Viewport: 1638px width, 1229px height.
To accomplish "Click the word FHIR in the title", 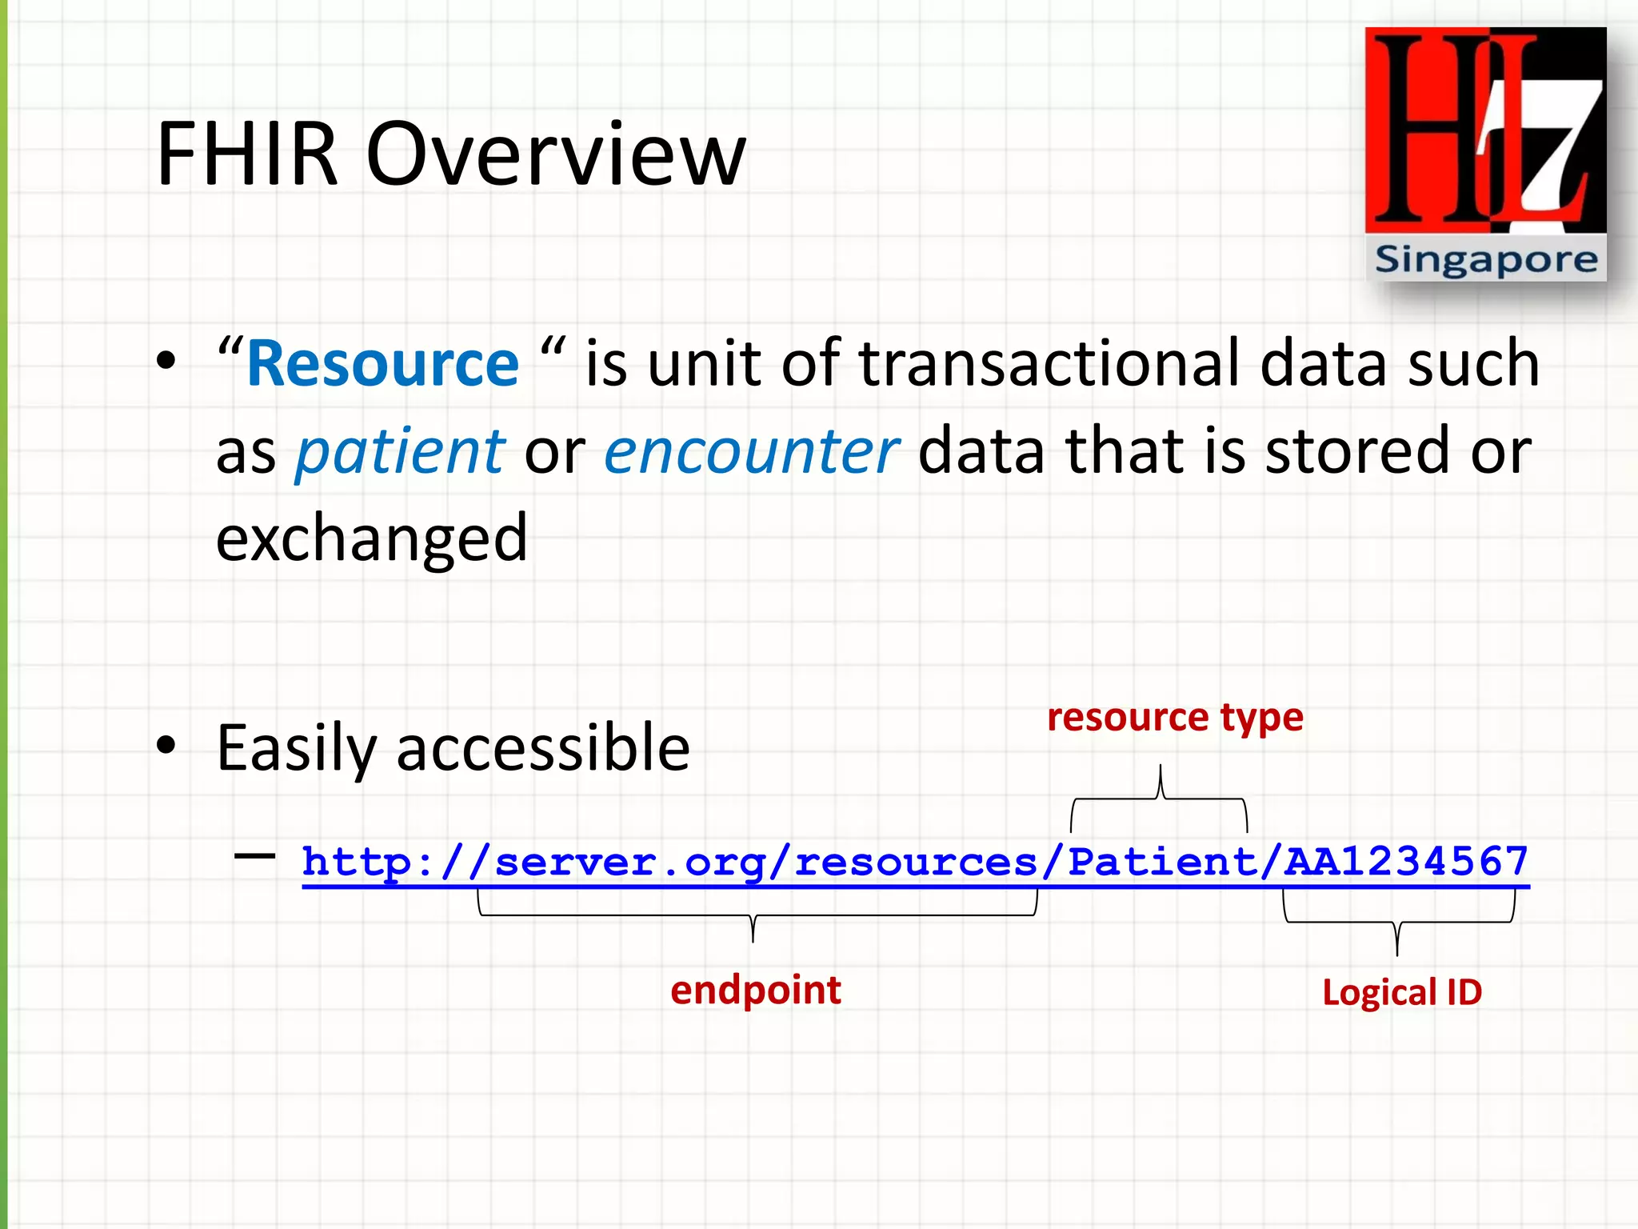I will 246,154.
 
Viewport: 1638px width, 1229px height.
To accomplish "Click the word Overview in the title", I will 555,154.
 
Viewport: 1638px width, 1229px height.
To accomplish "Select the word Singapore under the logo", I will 1485,259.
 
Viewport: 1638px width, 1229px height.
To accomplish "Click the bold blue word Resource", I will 383,364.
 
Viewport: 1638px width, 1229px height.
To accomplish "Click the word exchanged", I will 371,538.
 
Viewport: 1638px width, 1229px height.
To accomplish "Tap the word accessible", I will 542,747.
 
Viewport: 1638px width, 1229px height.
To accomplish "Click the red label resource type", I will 1175,717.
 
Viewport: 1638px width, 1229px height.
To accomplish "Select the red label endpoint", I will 755,990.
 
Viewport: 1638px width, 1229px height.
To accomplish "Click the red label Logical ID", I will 1401,992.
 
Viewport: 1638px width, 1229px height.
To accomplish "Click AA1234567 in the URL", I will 1406,862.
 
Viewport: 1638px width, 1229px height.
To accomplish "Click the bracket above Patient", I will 1159,800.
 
